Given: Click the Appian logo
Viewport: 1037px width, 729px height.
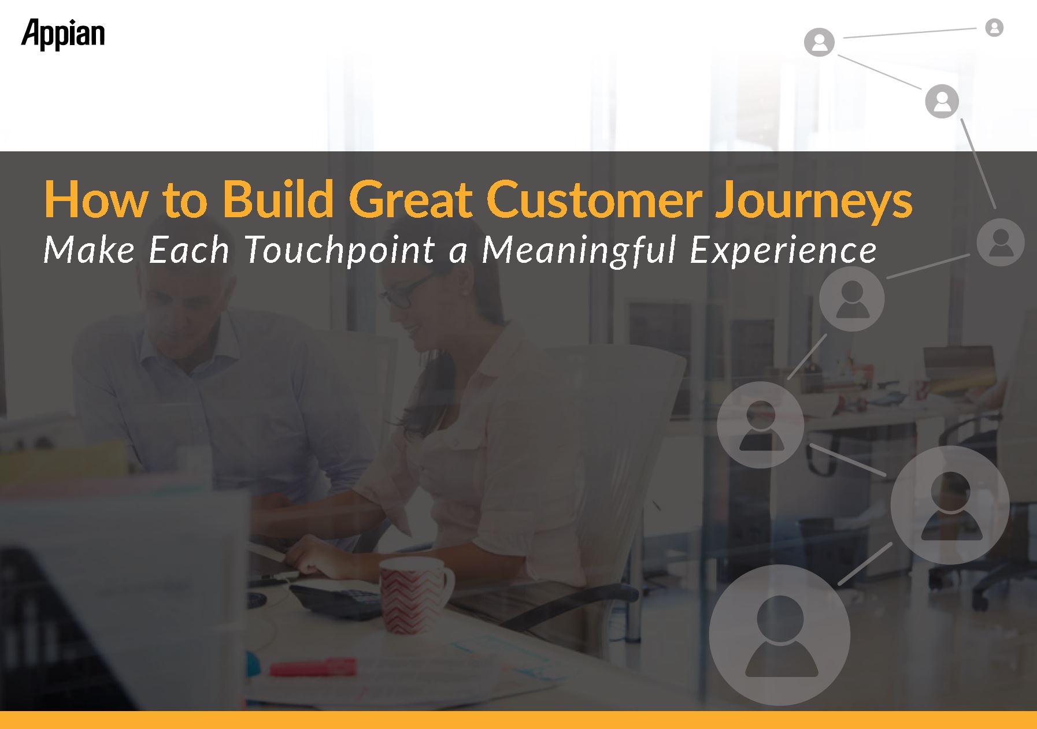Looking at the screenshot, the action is click(63, 35).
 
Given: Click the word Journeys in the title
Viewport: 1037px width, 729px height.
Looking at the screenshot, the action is click(814, 200).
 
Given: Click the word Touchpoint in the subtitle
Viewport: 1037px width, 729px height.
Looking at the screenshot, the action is click(340, 251).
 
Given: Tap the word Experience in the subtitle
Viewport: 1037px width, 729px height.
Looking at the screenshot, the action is click(783, 251).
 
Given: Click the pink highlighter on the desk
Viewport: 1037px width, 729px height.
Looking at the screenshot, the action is click(313, 667).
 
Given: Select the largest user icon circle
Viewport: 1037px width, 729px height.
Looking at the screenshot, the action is click(780, 634).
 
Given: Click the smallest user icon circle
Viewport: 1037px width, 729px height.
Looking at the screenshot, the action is click(994, 27).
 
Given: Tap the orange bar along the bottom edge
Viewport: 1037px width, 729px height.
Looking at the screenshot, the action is click(518, 720).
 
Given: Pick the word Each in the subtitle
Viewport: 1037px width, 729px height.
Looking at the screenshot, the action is click(189, 251).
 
